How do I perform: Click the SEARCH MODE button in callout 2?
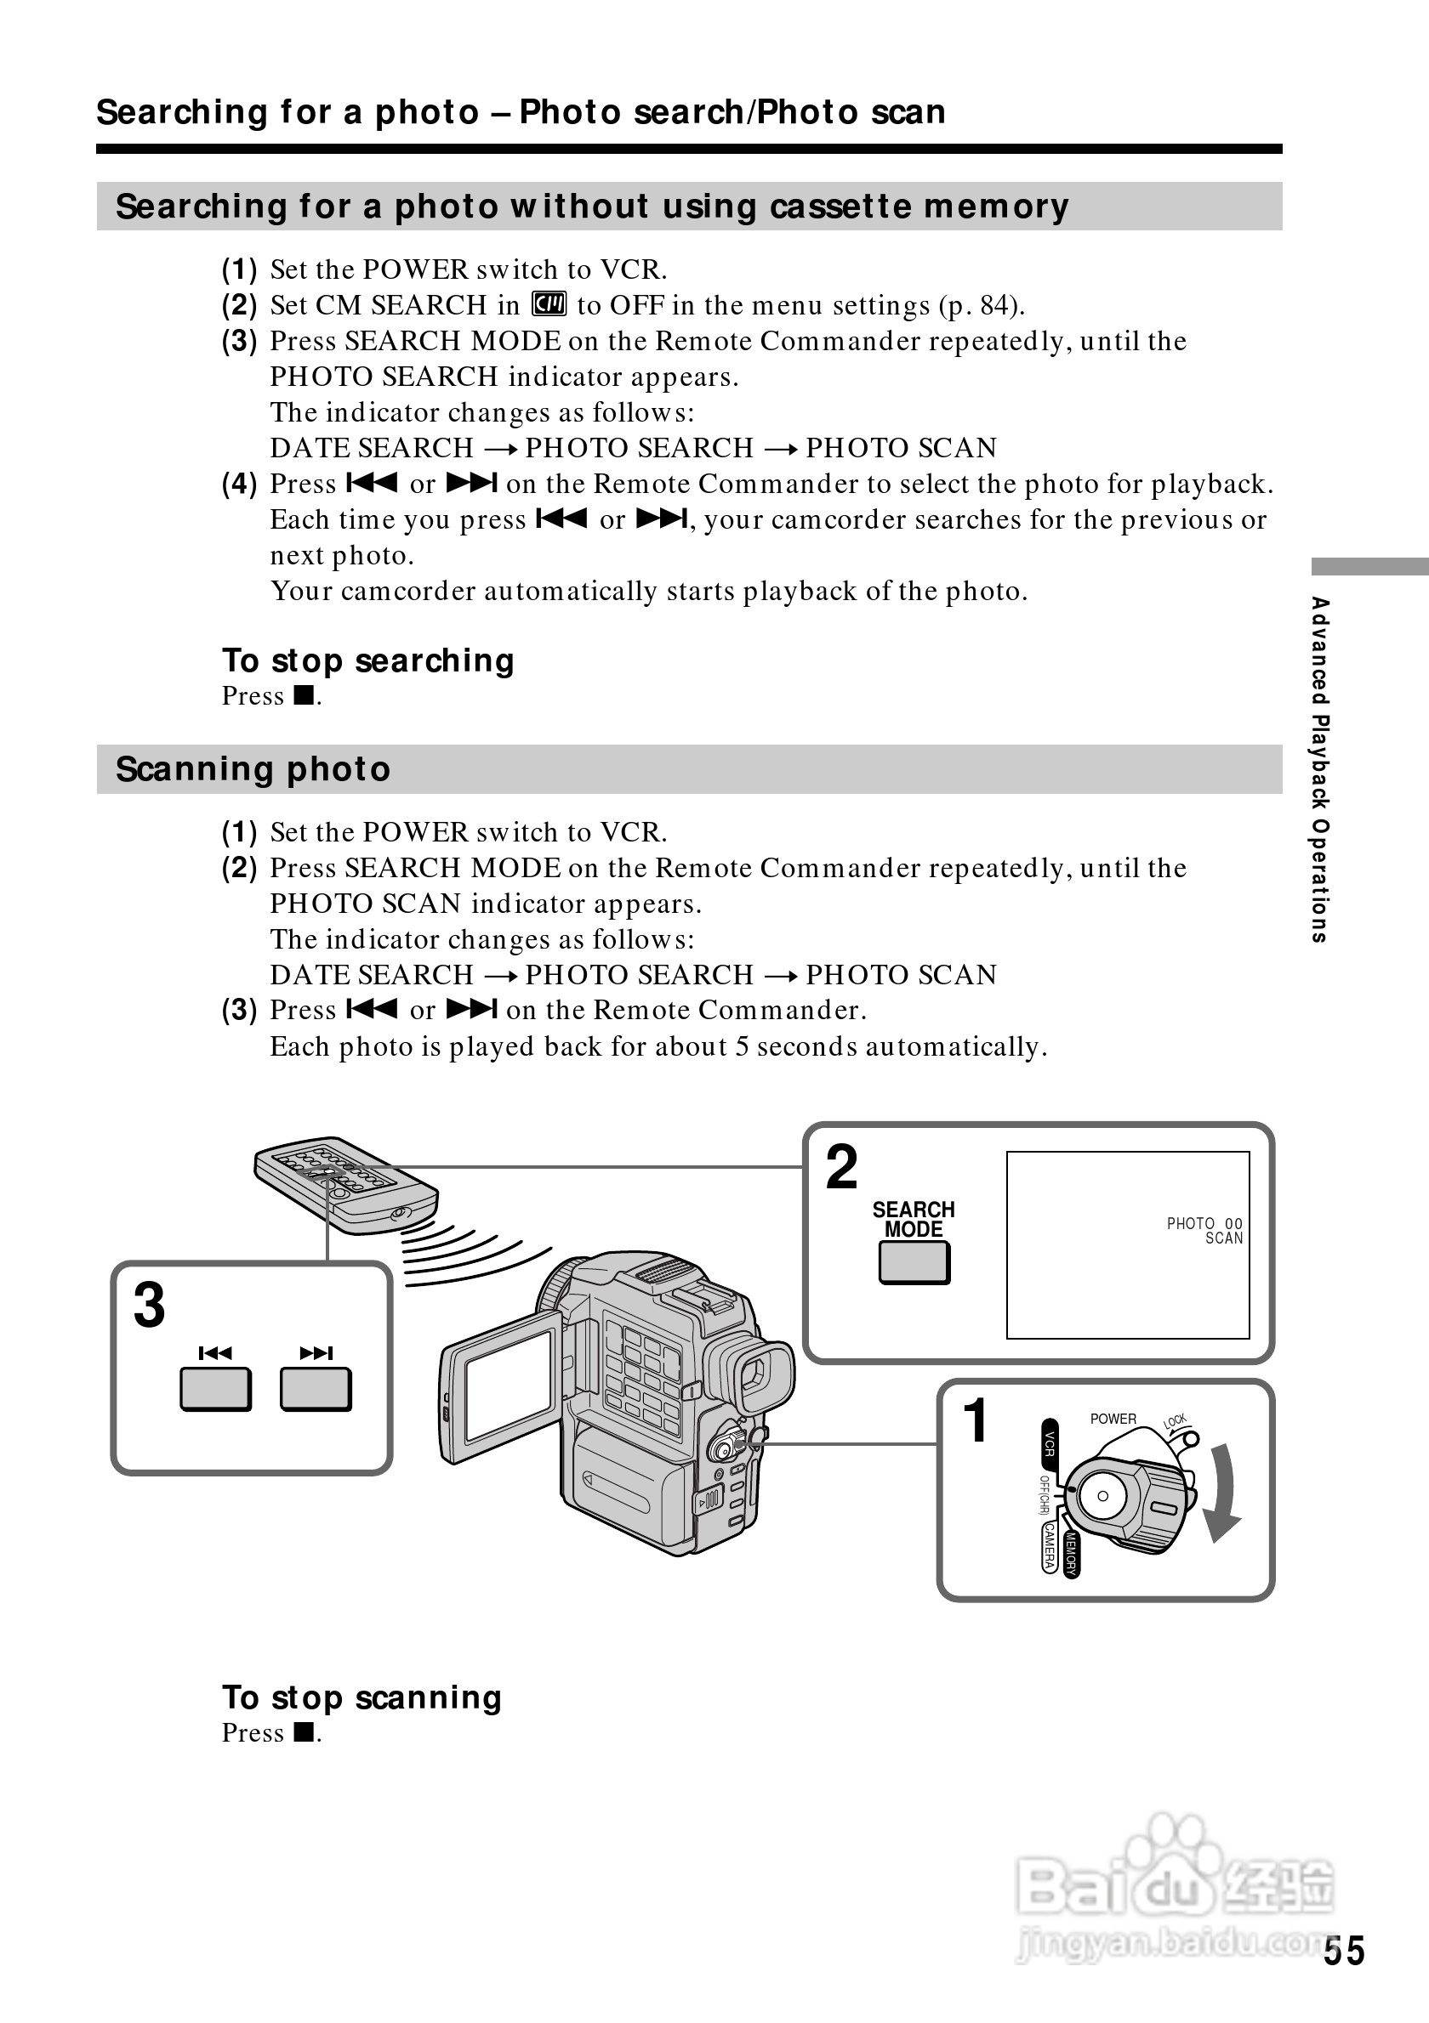[x=914, y=1262]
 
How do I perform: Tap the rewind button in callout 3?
[x=215, y=1390]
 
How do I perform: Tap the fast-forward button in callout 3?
[x=316, y=1390]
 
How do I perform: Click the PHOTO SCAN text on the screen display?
[x=1204, y=1230]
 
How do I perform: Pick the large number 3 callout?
[x=150, y=1305]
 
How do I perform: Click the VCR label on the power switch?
[x=1050, y=1442]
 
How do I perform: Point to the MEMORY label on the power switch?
[x=1071, y=1554]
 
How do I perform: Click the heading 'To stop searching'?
[x=367, y=660]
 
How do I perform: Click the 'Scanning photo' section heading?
[x=253, y=769]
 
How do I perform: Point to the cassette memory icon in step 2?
[x=549, y=305]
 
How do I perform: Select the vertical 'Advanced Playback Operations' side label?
[x=1319, y=769]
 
